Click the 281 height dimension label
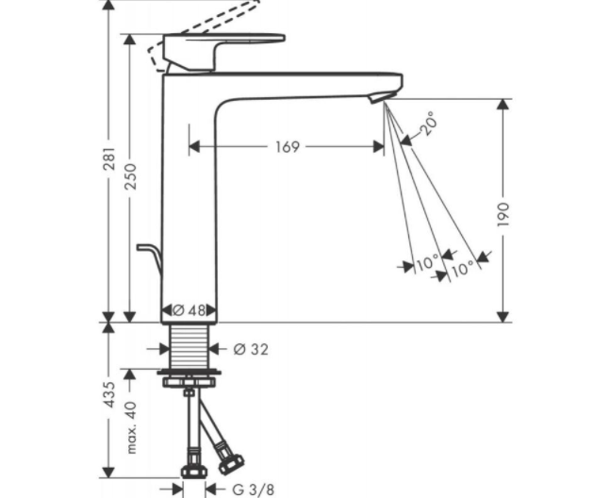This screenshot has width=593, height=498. (109, 158)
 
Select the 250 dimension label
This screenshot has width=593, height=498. (131, 176)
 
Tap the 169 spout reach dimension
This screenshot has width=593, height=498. (288, 147)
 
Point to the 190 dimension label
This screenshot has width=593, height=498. (503, 214)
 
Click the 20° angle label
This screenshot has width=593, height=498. (428, 123)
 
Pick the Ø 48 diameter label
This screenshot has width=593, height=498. (189, 310)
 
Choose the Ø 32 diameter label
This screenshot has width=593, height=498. (251, 349)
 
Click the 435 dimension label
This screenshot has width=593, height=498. (109, 394)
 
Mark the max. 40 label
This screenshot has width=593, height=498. (131, 427)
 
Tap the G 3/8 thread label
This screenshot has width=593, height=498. (253, 490)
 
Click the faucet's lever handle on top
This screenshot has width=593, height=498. (223, 52)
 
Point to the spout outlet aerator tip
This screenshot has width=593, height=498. (377, 98)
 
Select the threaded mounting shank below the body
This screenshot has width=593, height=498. (189, 347)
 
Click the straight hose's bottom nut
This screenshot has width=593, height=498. (194, 472)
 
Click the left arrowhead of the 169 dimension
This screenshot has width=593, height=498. (194, 146)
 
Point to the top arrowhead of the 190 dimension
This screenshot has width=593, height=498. (502, 105)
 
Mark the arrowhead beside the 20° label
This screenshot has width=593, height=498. (405, 141)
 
